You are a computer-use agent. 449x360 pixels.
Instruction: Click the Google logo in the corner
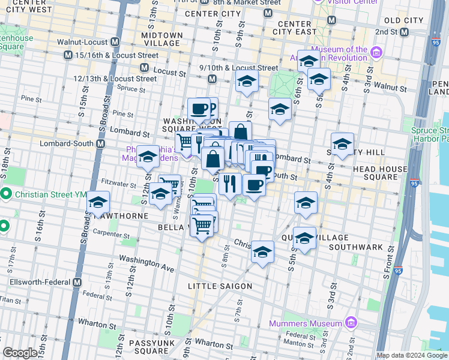(20, 353)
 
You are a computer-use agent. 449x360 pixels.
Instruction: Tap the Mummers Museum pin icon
(351, 324)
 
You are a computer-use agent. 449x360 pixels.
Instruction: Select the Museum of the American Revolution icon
(376, 53)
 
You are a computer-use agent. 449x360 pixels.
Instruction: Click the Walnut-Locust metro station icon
(115, 43)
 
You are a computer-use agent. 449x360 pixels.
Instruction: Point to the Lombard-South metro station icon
(100, 144)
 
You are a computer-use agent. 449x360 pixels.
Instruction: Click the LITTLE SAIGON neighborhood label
(220, 286)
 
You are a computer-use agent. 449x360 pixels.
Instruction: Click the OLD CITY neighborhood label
(404, 20)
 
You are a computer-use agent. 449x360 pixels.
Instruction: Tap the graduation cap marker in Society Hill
(342, 144)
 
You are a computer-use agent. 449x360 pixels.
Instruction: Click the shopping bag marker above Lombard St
(240, 132)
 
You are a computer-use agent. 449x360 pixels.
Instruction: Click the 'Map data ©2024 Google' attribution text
(411, 355)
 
